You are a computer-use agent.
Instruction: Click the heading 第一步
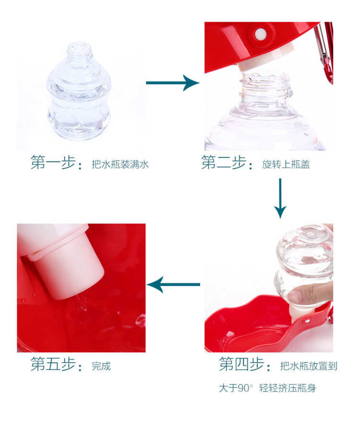[53, 162]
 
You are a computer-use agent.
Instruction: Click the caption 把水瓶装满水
[120, 164]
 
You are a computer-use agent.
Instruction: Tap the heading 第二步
[223, 162]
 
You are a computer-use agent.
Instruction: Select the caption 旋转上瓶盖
[286, 164]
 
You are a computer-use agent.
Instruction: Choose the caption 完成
[101, 366]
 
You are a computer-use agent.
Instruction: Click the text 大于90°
[236, 388]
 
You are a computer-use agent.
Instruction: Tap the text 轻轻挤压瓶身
[288, 388]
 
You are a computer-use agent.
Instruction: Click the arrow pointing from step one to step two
[173, 83]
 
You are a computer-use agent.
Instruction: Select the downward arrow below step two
[280, 198]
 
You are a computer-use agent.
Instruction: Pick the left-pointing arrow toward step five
[173, 284]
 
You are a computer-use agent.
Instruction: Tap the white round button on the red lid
[261, 34]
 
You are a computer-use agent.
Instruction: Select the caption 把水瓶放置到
[309, 366]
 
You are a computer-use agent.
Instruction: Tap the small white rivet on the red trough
[307, 321]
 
